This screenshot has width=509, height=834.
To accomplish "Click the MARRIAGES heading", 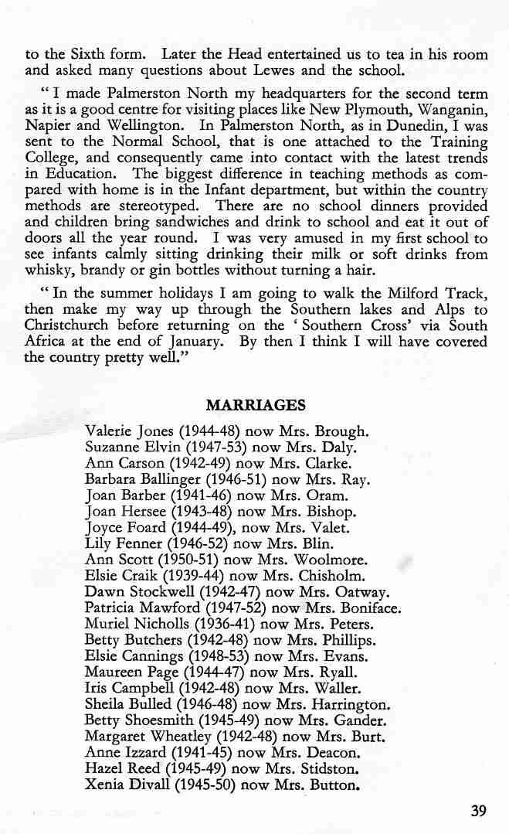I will [x=256, y=405].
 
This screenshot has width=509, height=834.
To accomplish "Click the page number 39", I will [x=478, y=811].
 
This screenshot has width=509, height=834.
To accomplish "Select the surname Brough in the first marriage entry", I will [x=341, y=431].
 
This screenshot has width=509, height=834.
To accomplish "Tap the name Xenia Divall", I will [x=123, y=785].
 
